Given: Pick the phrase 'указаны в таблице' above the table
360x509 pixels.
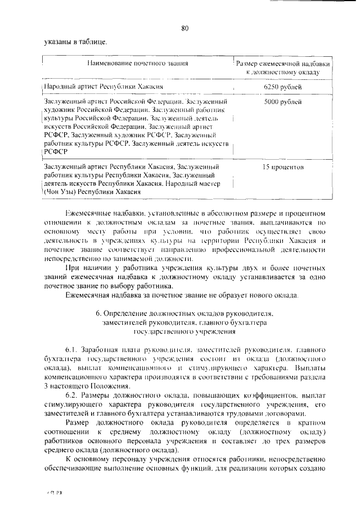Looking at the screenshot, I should coord(74,41).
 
